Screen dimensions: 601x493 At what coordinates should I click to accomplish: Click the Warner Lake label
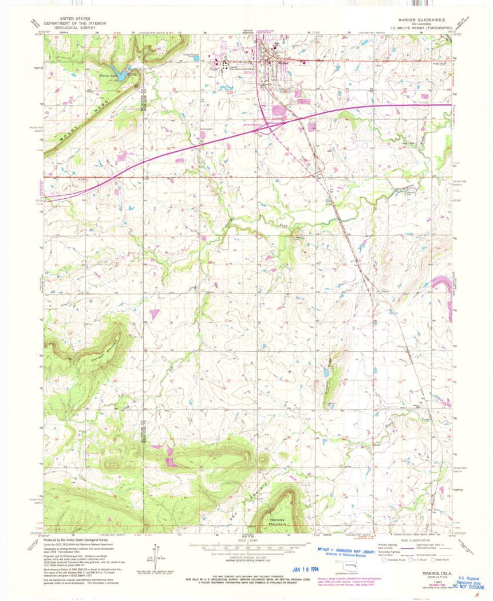pyautogui.click(x=108, y=75)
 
